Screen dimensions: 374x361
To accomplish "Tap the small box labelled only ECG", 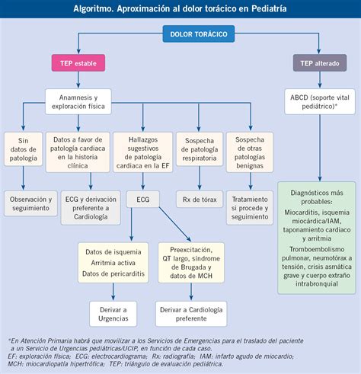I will tap(143, 200).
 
